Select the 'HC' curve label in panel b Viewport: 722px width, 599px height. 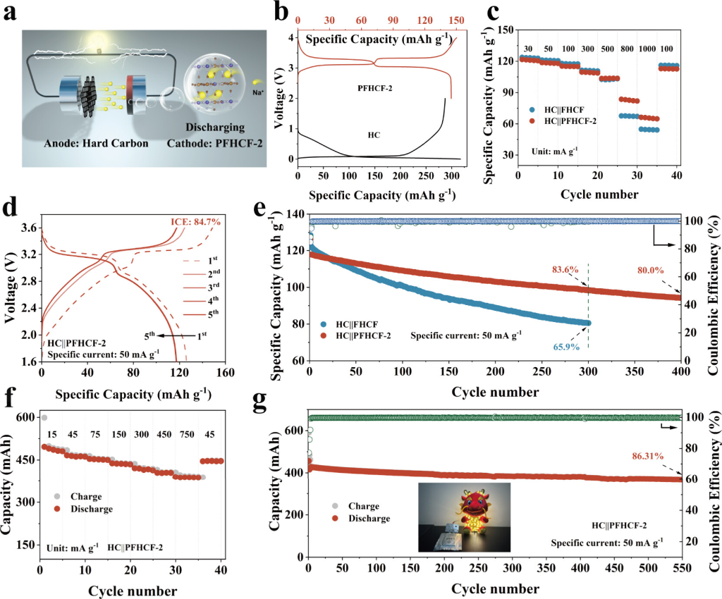374,134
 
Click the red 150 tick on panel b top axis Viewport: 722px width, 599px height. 456,20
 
